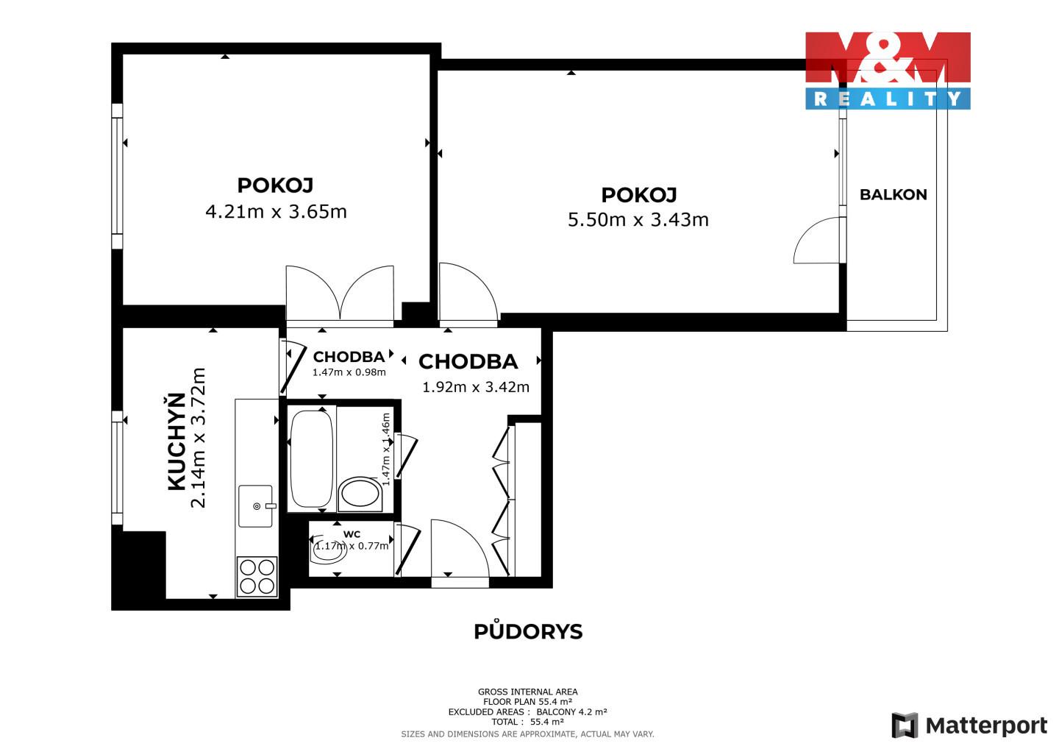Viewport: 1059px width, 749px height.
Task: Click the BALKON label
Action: click(893, 195)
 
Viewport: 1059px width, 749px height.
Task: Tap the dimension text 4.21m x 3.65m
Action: click(276, 211)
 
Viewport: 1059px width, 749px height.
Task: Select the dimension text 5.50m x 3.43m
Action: click(638, 220)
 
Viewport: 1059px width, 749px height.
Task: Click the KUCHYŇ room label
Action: click(176, 441)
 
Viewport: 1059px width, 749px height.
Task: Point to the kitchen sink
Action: click(256, 505)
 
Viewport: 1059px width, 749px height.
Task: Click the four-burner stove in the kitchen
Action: click(257, 577)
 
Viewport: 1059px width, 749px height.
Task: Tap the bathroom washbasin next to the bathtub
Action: click(360, 494)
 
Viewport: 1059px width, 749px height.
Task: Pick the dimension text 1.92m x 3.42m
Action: click(476, 387)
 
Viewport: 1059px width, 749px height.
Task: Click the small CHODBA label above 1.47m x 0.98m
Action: click(349, 357)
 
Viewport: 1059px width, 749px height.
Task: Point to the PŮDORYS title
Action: click(528, 632)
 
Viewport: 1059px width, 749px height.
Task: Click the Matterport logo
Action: click(969, 725)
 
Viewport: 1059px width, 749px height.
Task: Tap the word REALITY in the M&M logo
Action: click(888, 99)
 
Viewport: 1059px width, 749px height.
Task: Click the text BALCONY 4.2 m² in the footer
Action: click(571, 711)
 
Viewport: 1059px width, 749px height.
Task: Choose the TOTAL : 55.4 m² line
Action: click(527, 722)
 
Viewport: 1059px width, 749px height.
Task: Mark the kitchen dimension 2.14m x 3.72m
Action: click(198, 438)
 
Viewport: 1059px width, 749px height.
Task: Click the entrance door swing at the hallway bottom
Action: click(460, 548)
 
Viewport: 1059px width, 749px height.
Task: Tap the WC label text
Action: click(352, 534)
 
